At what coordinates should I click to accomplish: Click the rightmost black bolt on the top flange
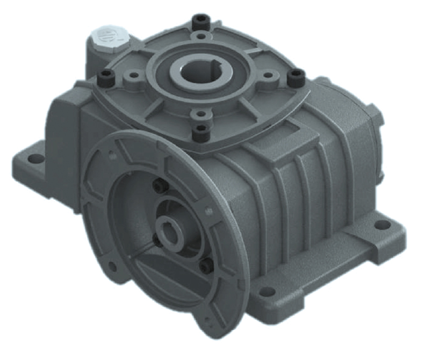pos(294,77)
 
